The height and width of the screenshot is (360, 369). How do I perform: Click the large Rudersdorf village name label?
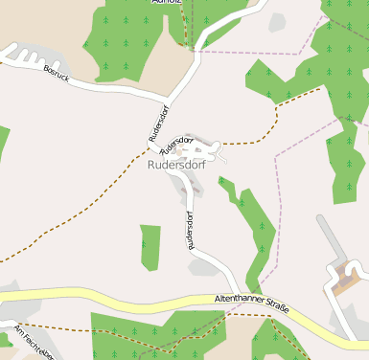tap(176, 165)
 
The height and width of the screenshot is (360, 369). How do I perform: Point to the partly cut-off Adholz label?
tap(167, 3)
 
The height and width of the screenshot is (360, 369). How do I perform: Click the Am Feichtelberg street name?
tap(35, 343)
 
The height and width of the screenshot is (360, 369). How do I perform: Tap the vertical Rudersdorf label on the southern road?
tap(192, 232)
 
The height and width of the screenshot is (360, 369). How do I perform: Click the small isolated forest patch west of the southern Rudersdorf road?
tap(150, 247)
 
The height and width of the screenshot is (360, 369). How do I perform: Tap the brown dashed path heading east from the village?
tap(259, 134)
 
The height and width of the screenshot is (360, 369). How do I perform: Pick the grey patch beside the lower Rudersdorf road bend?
tap(201, 268)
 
